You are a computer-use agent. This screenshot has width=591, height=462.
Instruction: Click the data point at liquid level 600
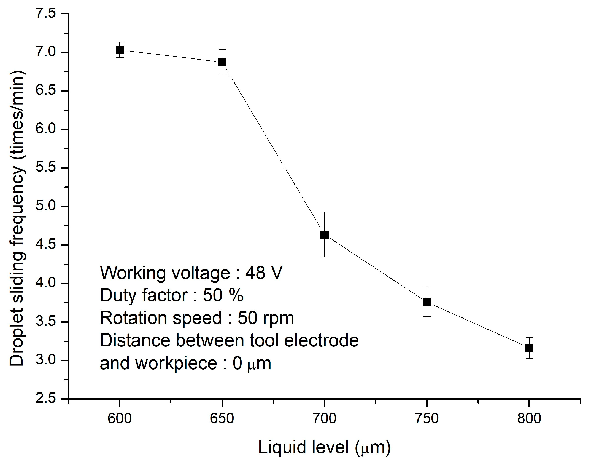pos(120,50)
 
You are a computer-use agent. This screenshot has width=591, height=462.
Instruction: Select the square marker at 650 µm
pos(222,62)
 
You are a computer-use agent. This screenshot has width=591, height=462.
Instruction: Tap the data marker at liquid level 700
pos(325,235)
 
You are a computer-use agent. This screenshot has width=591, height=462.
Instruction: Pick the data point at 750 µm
pos(427,302)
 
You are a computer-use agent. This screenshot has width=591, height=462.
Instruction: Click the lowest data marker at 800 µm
pos(529,348)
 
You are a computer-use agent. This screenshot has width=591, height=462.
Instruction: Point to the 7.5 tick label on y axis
pos(46,14)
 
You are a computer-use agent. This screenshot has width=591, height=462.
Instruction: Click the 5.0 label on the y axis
pos(46,206)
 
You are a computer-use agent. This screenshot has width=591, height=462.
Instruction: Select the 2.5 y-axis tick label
pos(46,399)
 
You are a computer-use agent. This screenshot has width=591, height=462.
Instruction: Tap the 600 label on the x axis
pos(120,419)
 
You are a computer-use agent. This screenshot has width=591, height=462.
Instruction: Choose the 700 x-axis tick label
pos(325,419)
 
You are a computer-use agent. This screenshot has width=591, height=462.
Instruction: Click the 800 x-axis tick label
pos(529,419)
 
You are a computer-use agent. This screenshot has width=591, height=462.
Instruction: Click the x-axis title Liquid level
pos(324,447)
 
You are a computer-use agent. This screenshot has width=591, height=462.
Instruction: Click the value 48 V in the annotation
pos(264,273)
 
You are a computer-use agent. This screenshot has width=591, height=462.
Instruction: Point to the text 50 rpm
pos(266,318)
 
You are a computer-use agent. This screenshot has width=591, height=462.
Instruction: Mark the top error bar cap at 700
pos(325,212)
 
